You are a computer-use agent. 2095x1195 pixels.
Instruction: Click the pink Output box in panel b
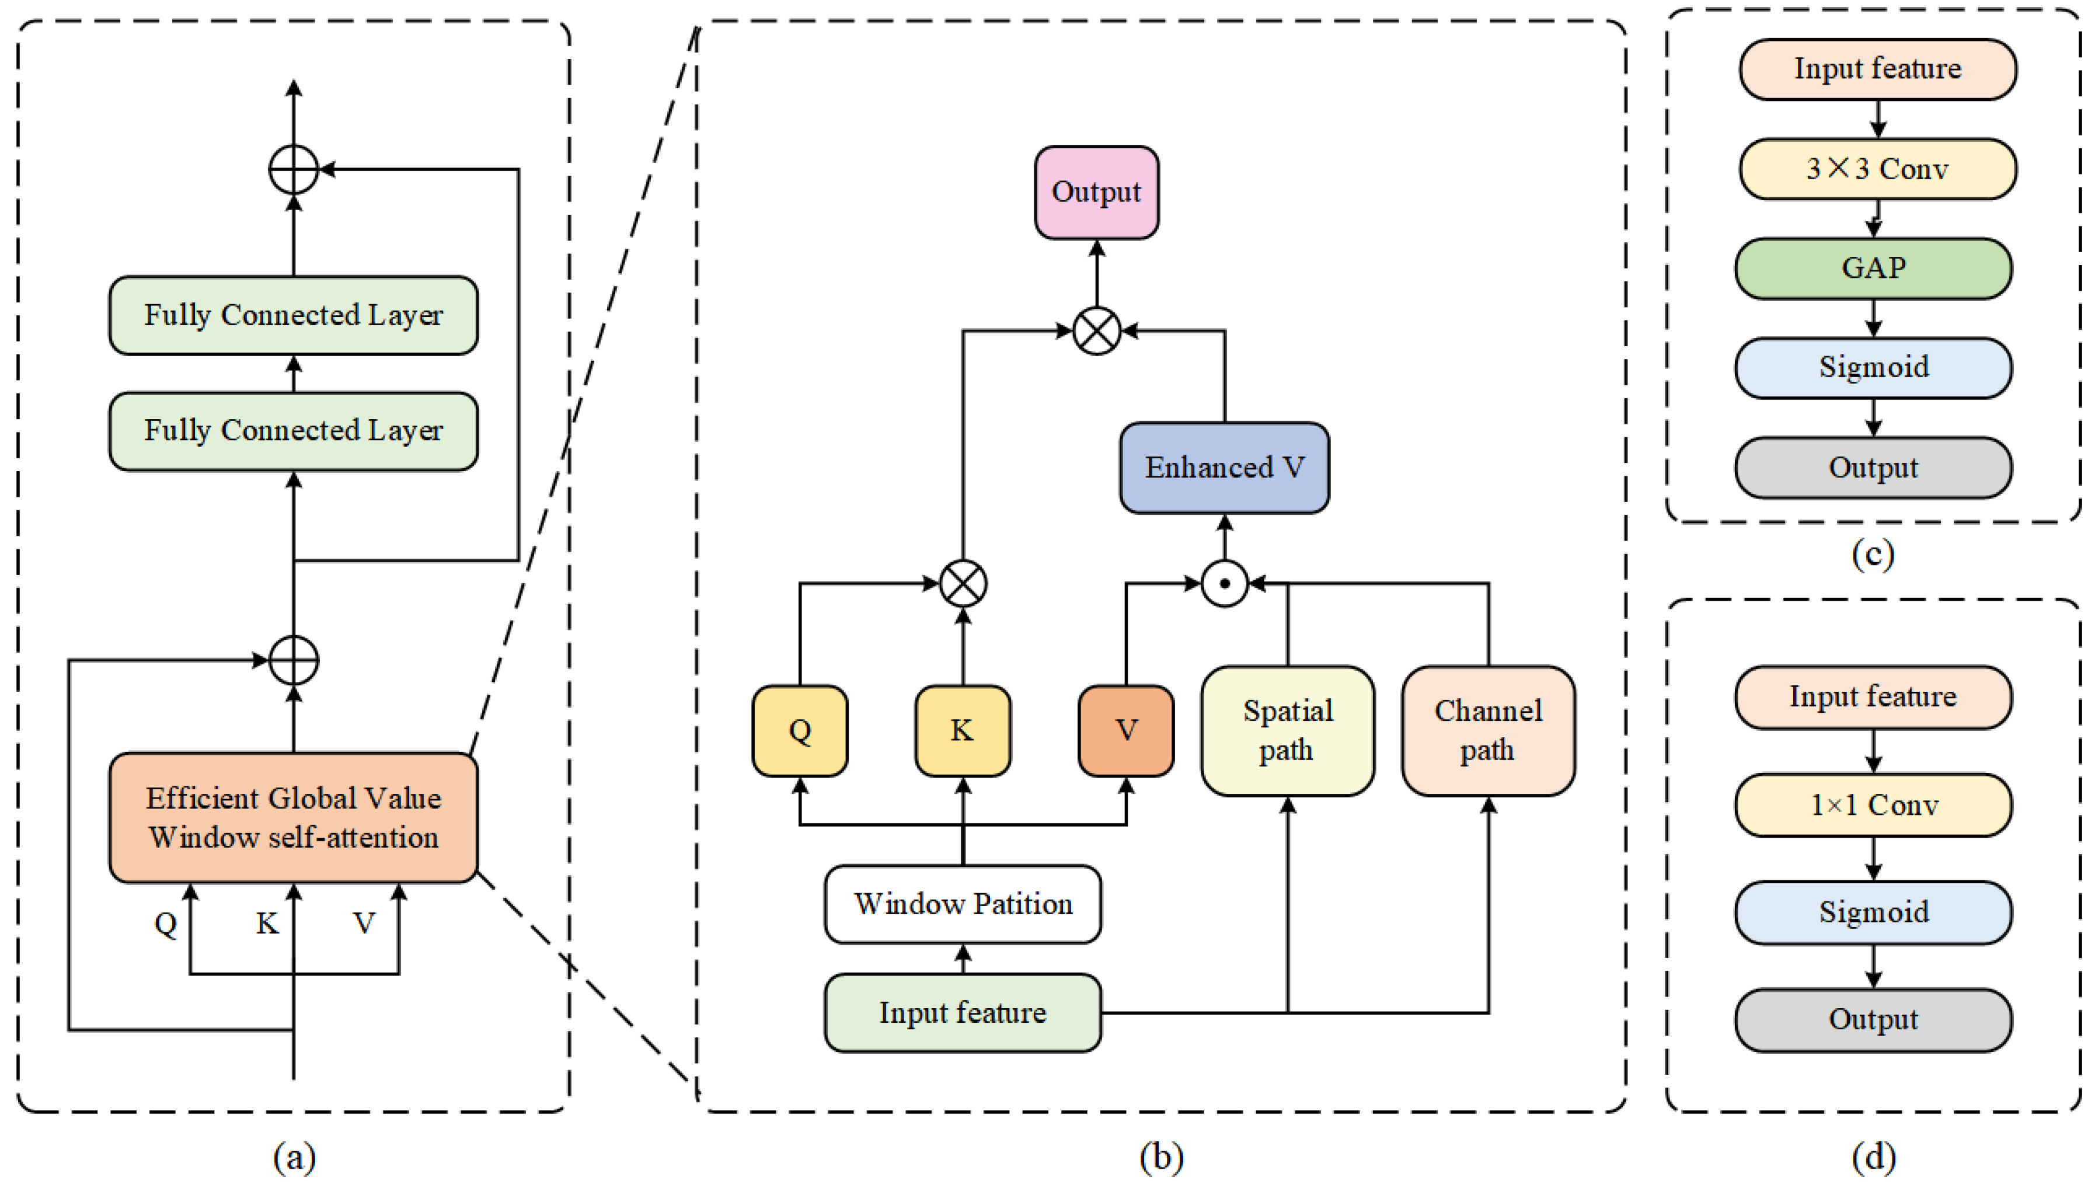coord(1096,193)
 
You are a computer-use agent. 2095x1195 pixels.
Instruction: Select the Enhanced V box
coord(1223,468)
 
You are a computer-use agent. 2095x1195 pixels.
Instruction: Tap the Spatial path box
coord(1287,730)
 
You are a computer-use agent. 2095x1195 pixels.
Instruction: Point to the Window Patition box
coord(962,904)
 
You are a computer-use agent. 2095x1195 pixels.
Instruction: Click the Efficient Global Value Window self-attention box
coord(293,817)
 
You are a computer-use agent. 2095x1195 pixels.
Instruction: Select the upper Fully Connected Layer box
coord(293,315)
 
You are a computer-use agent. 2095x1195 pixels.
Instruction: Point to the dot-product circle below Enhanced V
coord(1223,584)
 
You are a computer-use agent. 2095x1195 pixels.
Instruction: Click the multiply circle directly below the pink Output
coord(1096,331)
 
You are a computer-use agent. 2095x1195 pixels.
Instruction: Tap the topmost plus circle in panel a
coord(293,169)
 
